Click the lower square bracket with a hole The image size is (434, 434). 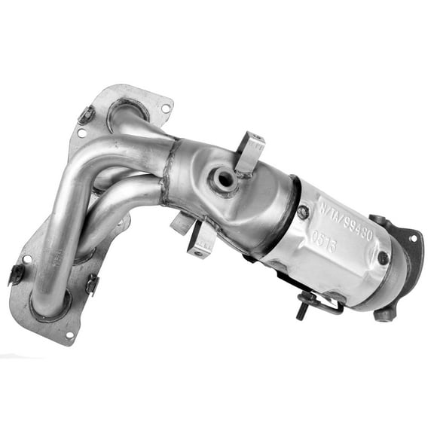coord(200,242)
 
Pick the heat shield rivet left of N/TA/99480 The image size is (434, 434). coord(303,212)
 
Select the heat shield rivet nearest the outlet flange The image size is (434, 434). coord(383,258)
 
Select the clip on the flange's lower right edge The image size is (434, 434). coord(92,285)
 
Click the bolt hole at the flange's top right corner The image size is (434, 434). coord(166,108)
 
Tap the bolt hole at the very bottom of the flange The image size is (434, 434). coord(69,334)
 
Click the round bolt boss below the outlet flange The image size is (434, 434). coord(384,312)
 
